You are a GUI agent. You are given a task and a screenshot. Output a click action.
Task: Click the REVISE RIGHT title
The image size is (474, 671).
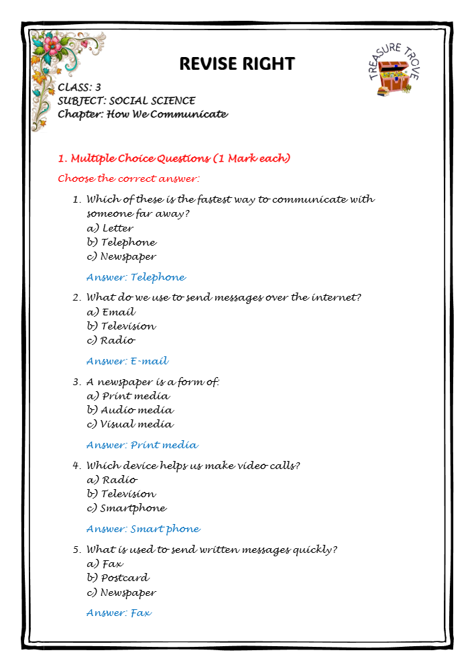point(237,64)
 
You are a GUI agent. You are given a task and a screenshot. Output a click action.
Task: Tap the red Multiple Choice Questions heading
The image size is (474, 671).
point(174,158)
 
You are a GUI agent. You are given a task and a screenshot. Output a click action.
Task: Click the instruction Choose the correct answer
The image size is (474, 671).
point(129,178)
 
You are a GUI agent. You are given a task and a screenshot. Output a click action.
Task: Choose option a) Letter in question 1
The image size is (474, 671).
point(110,228)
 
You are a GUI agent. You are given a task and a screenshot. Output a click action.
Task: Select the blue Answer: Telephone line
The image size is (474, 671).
point(136,277)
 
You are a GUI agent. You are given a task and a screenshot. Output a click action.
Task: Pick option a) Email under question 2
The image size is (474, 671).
point(111,312)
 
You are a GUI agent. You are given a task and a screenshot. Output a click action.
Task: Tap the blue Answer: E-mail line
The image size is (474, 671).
point(127,361)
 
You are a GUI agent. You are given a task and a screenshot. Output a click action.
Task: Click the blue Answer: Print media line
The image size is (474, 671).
point(142,445)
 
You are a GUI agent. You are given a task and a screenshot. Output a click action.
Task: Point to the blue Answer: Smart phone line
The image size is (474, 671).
point(143,529)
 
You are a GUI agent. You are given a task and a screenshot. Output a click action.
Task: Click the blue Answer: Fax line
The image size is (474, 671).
point(119,613)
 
